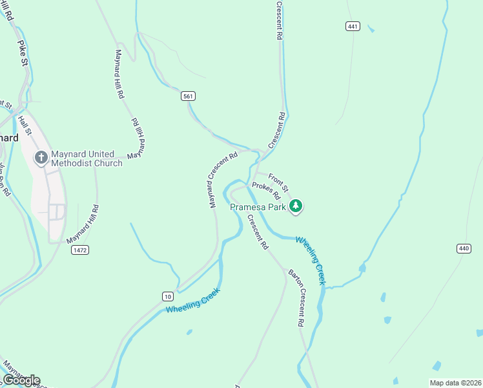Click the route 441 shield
353,27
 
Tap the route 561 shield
188,96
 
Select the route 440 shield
464,248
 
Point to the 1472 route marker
80,250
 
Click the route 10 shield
168,296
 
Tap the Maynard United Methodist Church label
87,158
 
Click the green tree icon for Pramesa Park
296,206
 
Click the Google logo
21,380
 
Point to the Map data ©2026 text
455,383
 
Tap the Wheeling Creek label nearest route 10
193,301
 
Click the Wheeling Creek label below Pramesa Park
311,260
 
